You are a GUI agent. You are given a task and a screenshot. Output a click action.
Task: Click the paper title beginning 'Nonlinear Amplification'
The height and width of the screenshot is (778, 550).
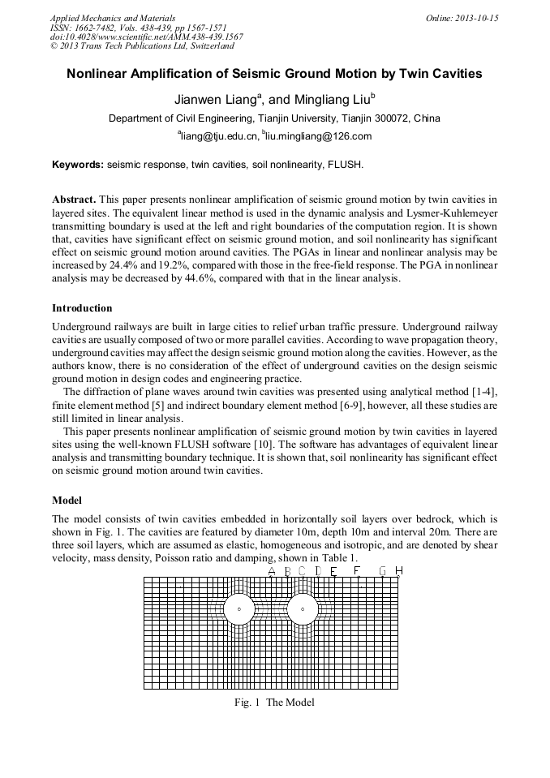pos(274,74)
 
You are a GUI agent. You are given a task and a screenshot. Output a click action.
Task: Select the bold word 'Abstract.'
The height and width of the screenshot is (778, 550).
pos(75,199)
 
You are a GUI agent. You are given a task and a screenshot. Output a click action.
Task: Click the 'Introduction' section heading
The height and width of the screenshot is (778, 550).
pos(82,308)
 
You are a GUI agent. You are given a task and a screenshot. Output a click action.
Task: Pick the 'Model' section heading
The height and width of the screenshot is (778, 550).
pos(67,499)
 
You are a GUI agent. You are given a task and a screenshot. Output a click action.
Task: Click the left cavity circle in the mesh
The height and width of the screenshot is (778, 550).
pos(238,608)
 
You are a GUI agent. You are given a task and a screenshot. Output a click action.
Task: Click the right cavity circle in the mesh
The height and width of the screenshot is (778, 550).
pos(303,608)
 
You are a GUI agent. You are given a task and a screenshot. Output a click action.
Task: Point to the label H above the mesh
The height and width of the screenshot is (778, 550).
pos(398,571)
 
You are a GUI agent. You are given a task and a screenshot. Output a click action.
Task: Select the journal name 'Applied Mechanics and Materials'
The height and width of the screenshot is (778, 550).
pos(113,17)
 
